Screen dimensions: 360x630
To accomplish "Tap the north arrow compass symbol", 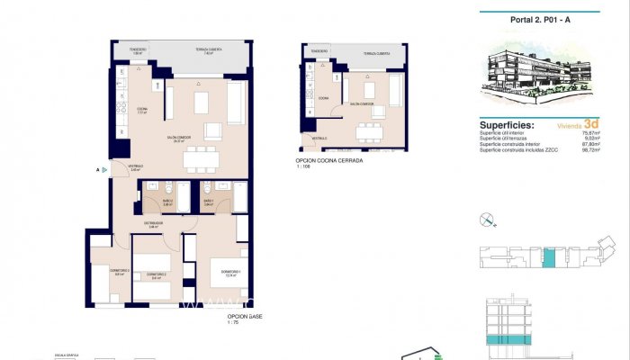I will [487, 218].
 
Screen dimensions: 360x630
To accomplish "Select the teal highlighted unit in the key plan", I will [549, 259].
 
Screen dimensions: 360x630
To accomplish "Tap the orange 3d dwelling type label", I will [591, 124].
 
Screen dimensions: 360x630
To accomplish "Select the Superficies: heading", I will [508, 125].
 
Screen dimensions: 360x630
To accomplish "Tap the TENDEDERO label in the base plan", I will [137, 50].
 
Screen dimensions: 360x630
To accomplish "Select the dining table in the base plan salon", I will [202, 159].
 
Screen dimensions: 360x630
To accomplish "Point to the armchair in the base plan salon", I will [212, 131].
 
